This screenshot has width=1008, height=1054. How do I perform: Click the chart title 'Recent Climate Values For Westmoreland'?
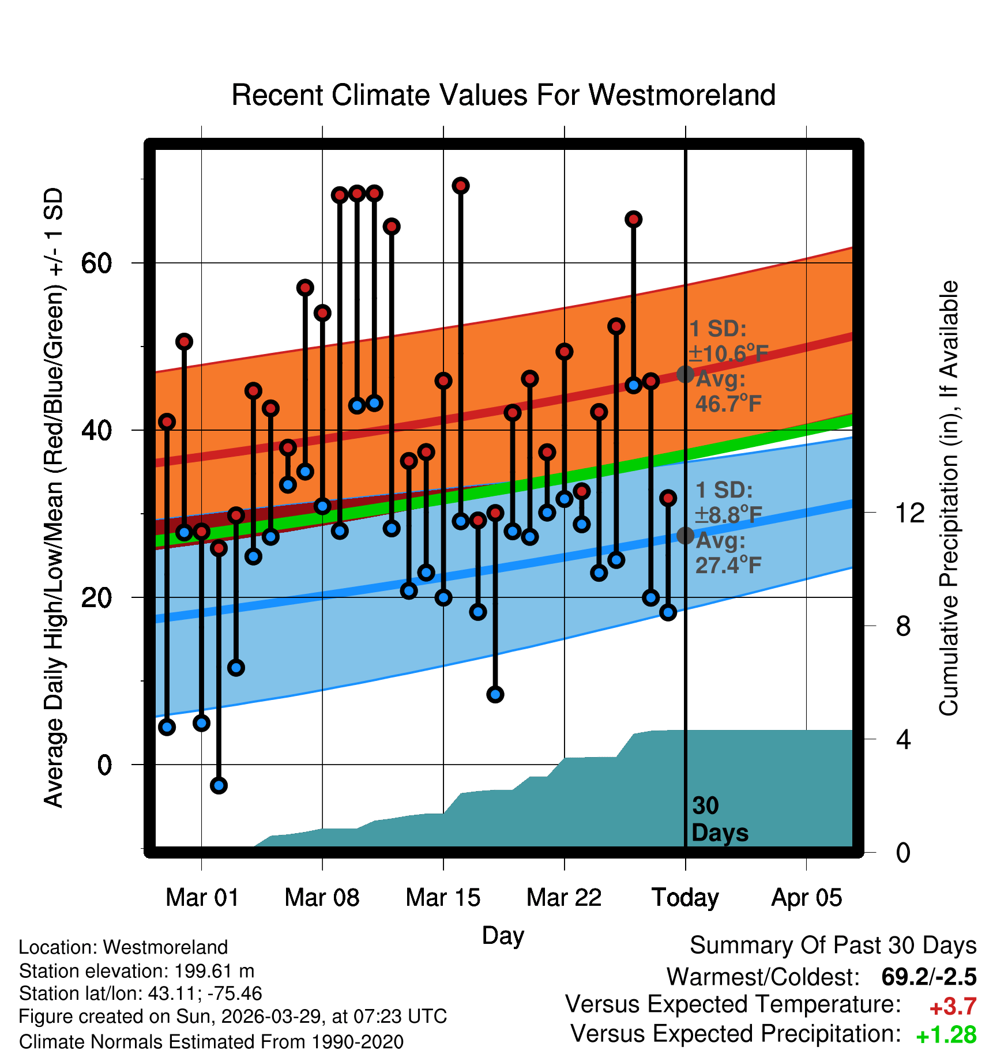click(x=503, y=95)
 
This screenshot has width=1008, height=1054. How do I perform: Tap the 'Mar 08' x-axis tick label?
click(x=322, y=898)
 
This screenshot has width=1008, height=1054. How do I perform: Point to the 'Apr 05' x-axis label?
click(x=807, y=898)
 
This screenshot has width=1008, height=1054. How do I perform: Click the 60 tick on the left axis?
click(x=96, y=263)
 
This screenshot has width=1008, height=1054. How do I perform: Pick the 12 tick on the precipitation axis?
click(x=910, y=513)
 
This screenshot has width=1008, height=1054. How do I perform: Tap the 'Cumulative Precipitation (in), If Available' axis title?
click(x=949, y=498)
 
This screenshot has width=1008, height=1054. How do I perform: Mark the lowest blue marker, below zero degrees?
click(x=219, y=785)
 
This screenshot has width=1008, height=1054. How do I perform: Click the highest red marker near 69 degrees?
click(x=460, y=186)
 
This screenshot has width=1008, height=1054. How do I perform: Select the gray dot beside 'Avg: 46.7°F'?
click(x=685, y=374)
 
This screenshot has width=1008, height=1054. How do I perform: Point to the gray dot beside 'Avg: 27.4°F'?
click(x=685, y=536)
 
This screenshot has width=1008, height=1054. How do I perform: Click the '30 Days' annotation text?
click(x=720, y=819)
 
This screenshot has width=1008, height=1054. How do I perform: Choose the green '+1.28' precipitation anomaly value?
click(x=946, y=1036)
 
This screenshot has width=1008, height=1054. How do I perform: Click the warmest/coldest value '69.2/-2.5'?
click(x=929, y=977)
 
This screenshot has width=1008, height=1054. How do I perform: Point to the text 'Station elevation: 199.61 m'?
click(x=137, y=972)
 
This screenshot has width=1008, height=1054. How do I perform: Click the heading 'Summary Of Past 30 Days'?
click(x=833, y=946)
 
